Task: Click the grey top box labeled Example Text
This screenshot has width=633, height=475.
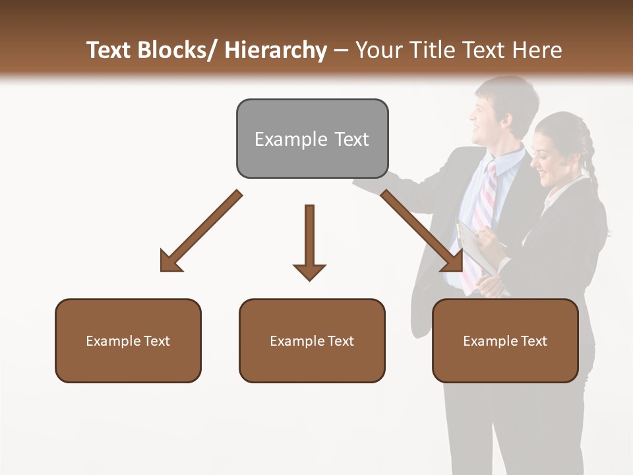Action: [x=312, y=139]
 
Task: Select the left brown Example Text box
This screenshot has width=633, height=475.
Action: [x=128, y=341]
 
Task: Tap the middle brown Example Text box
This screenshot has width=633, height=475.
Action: [x=312, y=341]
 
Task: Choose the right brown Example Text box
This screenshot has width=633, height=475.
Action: [x=505, y=341]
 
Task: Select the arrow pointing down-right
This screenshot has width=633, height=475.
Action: [x=422, y=231]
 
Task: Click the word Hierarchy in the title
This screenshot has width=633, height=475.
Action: [x=276, y=50]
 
